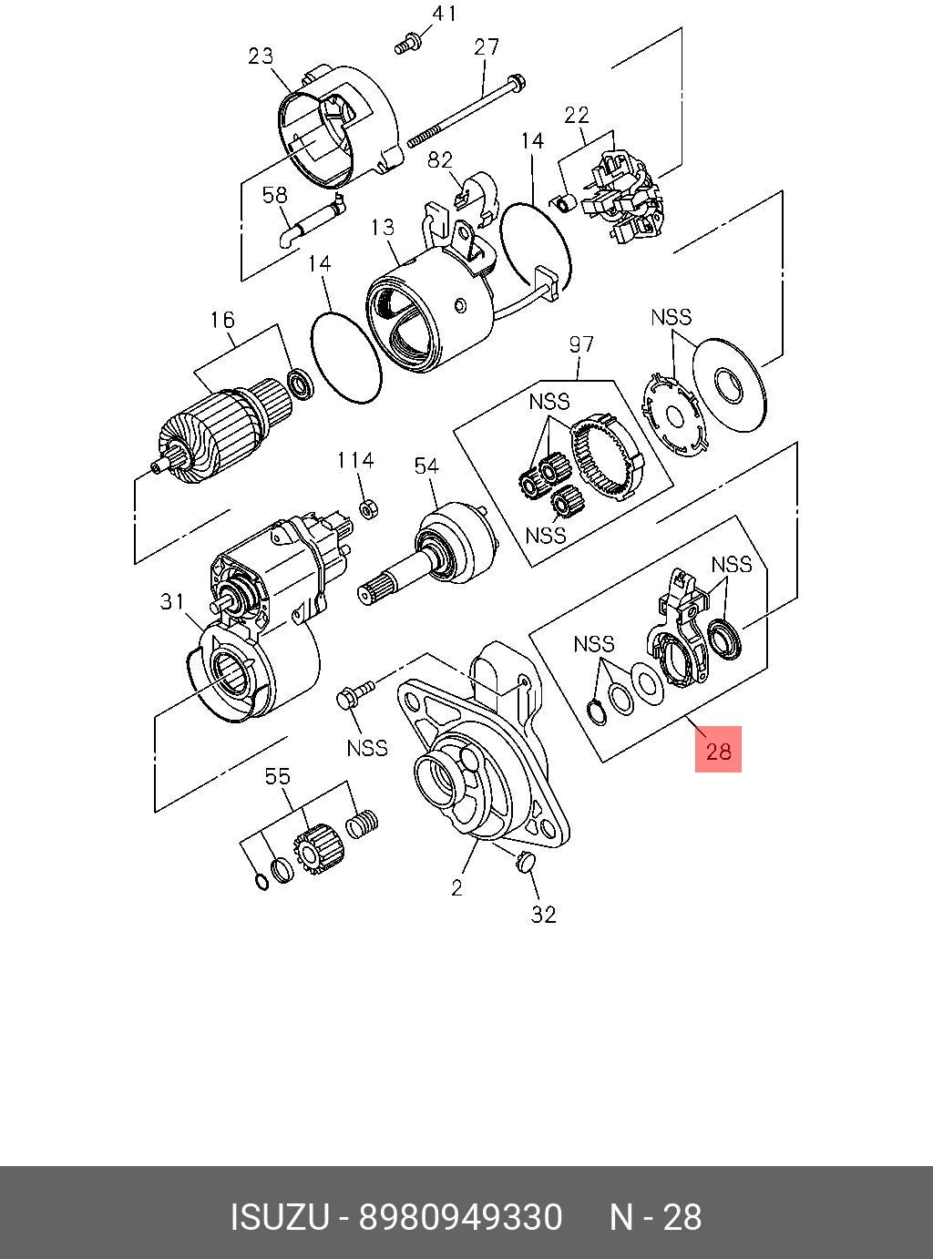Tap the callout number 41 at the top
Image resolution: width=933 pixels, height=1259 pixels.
(444, 14)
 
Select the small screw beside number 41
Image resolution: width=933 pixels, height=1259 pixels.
(407, 41)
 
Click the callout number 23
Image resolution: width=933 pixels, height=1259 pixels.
(261, 56)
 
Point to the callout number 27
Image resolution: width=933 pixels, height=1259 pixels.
(487, 46)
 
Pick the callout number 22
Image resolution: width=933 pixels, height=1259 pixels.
(576, 115)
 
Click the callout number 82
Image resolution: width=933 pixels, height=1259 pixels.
(440, 160)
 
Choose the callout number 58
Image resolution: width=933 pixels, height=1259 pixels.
(274, 195)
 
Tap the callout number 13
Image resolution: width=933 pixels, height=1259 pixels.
(383, 227)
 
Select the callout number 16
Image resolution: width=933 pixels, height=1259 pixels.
(222, 320)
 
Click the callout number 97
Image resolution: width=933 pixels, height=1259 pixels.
(581, 344)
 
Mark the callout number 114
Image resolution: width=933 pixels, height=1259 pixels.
(355, 460)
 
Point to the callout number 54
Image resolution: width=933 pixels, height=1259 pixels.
(426, 466)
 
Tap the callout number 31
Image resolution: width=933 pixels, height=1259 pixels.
(172, 601)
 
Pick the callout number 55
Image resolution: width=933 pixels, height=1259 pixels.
(278, 776)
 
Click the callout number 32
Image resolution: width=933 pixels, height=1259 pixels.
(543, 914)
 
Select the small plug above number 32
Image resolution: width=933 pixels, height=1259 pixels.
(524, 862)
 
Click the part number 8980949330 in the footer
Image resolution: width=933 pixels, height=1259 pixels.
(460, 1217)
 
